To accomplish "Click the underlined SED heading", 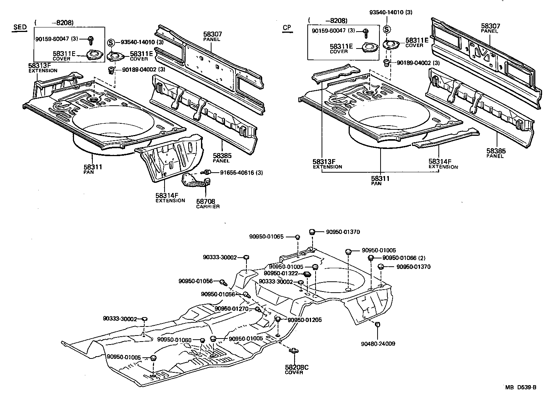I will [x=20, y=27].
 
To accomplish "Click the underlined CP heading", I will [x=287, y=27].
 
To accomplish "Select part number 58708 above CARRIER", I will [x=205, y=201].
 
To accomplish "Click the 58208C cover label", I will [x=297, y=367].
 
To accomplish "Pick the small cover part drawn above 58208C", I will [x=293, y=351].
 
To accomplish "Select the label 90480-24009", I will [x=378, y=343].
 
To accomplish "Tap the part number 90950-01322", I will [x=281, y=273].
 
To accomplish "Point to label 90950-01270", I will [x=232, y=309].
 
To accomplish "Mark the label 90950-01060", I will [x=174, y=340].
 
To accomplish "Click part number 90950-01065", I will [x=266, y=237].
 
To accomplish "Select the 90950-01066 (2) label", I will [x=404, y=258].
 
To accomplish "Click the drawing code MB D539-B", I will [x=520, y=388].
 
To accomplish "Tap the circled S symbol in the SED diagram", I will [x=111, y=42].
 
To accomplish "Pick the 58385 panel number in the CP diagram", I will [x=496, y=151].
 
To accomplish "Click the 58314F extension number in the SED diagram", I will [x=167, y=196].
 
